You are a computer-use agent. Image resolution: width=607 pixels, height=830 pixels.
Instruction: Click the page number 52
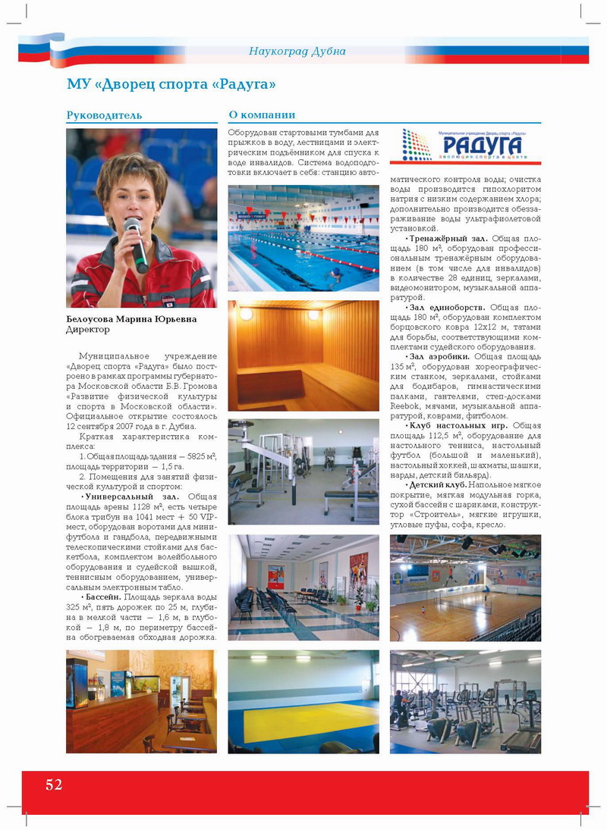coord(53,785)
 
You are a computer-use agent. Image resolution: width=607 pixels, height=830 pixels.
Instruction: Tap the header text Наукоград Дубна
coord(297,52)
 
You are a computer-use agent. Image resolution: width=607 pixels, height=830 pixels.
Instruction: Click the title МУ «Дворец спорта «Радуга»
coord(171,83)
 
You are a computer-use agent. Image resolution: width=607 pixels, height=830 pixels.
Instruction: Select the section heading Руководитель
coord(104,115)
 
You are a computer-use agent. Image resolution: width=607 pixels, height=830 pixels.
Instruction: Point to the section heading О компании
coord(262,115)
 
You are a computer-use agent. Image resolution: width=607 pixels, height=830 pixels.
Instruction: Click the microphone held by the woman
coord(136,243)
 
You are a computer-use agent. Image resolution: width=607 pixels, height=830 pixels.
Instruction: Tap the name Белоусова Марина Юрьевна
coord(131,319)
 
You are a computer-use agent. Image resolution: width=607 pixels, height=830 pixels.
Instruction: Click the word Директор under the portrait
coord(88,330)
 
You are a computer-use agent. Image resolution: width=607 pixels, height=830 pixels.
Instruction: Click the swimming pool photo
coord(303,237)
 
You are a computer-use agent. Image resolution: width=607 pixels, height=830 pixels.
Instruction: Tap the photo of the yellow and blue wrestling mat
coord(303,701)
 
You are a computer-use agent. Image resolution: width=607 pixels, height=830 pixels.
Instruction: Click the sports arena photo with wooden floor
coord(465,587)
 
